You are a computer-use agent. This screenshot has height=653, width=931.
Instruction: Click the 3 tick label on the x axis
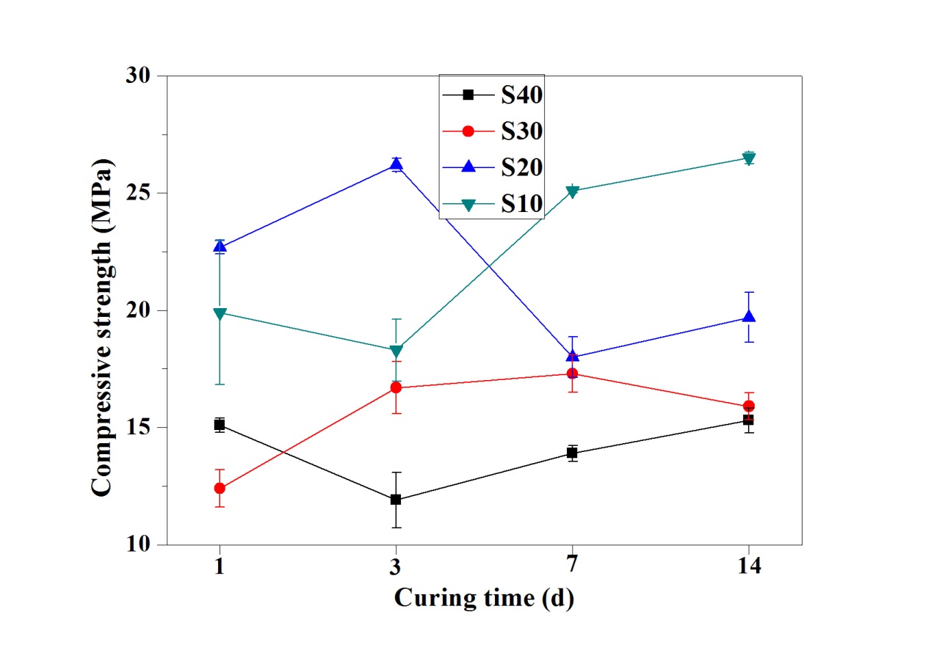(x=396, y=566)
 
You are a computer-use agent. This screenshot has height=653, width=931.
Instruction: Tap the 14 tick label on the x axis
(x=748, y=566)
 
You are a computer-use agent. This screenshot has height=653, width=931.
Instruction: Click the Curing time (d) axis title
(x=484, y=598)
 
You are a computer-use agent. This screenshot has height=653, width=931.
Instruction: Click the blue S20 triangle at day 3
(x=396, y=164)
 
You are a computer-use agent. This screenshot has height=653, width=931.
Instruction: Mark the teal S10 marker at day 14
(x=749, y=158)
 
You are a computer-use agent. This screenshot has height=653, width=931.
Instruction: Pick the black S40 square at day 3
(x=396, y=500)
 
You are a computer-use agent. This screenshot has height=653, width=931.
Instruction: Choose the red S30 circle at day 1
(x=220, y=488)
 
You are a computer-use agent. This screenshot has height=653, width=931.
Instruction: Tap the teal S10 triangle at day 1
(x=220, y=313)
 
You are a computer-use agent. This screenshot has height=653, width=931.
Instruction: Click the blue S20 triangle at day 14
(x=749, y=316)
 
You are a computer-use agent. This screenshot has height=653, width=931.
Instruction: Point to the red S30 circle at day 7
(x=572, y=373)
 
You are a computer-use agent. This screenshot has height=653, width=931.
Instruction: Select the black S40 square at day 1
(x=220, y=425)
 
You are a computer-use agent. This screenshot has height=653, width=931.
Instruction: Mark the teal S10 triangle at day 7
(x=572, y=191)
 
